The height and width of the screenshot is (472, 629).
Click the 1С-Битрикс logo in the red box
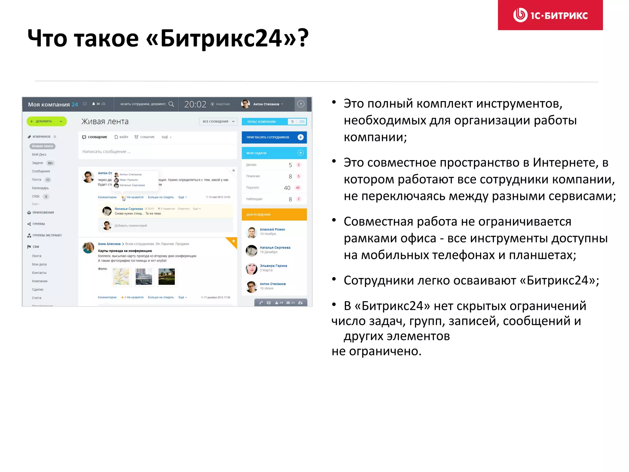click(x=550, y=15)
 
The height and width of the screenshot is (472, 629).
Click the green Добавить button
click(x=46, y=121)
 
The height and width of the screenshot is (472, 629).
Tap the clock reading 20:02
click(x=195, y=104)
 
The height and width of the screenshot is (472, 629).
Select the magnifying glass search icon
click(x=171, y=104)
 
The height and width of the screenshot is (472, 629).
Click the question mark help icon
click(x=301, y=104)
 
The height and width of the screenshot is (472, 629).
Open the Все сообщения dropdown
click(x=218, y=122)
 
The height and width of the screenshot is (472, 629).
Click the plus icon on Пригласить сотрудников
click(x=300, y=137)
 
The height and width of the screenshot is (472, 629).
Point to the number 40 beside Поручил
click(x=287, y=188)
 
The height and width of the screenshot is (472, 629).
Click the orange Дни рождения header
click(x=274, y=214)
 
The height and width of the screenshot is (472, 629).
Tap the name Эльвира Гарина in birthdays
click(x=273, y=266)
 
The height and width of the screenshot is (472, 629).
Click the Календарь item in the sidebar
click(x=40, y=188)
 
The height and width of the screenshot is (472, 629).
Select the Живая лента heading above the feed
click(x=105, y=122)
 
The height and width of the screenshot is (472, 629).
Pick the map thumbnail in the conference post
click(x=121, y=277)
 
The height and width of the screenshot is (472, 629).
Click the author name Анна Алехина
click(x=109, y=244)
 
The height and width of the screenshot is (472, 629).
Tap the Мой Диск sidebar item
click(x=39, y=155)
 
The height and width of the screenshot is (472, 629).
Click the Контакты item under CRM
click(x=39, y=273)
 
